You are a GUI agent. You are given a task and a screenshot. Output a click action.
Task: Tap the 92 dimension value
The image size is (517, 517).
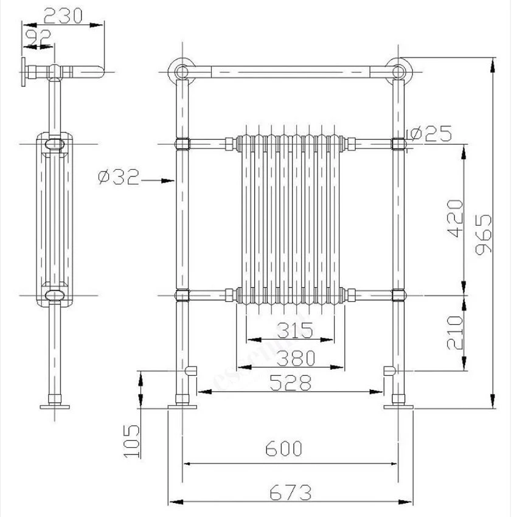(38, 37)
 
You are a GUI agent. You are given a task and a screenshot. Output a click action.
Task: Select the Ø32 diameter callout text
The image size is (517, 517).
(119, 177)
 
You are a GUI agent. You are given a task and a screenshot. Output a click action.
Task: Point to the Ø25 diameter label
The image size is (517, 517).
(432, 134)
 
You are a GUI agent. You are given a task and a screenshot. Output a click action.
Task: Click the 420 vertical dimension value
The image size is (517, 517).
(455, 218)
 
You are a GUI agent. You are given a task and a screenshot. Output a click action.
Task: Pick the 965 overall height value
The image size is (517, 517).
(484, 234)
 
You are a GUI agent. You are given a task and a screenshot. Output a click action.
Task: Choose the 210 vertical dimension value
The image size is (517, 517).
(455, 332)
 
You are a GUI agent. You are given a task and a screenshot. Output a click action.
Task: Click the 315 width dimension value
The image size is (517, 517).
(295, 330)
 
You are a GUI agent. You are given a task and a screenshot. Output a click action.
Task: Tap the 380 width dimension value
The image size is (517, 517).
(296, 358)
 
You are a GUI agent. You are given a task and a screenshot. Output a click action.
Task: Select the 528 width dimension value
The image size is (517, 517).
(291, 383)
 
